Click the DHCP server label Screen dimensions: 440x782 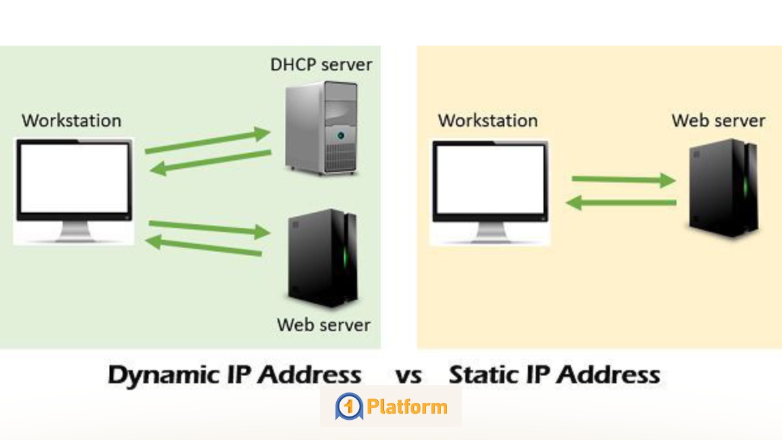[x=321, y=65]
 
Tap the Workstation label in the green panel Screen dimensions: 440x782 [x=71, y=121]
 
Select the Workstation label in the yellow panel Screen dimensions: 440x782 [x=487, y=121]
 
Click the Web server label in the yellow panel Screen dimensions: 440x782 [x=718, y=121]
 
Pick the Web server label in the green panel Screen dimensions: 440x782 [x=324, y=325]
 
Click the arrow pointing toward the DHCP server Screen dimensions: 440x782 [x=207, y=142]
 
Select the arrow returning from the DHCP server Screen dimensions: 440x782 [x=210, y=163]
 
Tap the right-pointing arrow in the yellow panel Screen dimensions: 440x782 [x=623, y=179]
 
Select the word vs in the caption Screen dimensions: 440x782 [x=409, y=376]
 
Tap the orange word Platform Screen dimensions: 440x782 [x=407, y=407]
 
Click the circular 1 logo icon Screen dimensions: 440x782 [x=349, y=407]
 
